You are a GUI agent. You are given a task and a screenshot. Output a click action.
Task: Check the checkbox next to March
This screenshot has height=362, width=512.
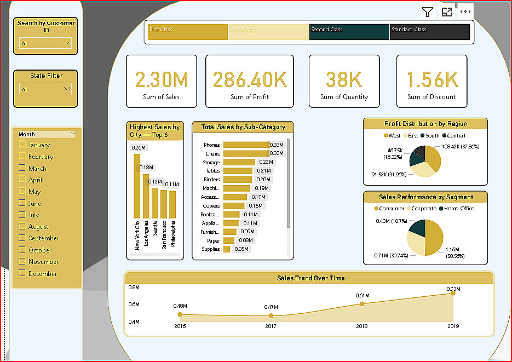tap(22, 168)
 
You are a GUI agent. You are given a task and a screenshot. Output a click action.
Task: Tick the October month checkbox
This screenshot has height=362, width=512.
tap(22, 250)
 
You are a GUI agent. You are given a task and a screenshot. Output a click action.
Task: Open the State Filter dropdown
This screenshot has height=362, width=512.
tap(45, 89)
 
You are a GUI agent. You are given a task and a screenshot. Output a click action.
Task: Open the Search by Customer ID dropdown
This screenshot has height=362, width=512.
tap(45, 43)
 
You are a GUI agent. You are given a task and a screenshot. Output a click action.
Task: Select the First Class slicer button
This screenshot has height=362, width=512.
tap(188, 32)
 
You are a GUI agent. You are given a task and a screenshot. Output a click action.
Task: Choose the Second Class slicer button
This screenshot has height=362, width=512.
tap(349, 32)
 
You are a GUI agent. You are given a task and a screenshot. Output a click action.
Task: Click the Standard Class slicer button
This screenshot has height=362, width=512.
tap(430, 32)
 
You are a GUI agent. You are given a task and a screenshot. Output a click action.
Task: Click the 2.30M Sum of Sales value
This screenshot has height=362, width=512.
tap(161, 80)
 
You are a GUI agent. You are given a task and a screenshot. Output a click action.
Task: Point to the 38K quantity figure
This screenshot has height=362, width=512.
tap(344, 80)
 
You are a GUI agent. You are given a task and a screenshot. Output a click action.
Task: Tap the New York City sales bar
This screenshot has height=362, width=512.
tap(137, 186)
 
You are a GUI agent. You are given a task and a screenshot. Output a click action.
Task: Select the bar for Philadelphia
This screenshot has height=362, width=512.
tap(172, 204)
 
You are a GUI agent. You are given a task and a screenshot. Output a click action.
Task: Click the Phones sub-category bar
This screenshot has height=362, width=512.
tap(245, 145)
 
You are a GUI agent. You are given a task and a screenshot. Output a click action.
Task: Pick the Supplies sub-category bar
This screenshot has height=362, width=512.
tap(227, 249)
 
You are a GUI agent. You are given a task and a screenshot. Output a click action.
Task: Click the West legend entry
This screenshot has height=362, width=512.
tap(392, 135)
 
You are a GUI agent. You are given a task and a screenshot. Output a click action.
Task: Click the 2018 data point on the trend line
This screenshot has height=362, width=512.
tap(362, 303)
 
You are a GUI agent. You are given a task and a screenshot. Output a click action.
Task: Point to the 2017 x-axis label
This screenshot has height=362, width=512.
tap(271, 326)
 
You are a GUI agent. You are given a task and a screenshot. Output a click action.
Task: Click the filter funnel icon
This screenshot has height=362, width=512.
tap(427, 12)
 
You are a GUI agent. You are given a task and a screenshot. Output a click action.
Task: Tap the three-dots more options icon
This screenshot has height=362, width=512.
tap(465, 12)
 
